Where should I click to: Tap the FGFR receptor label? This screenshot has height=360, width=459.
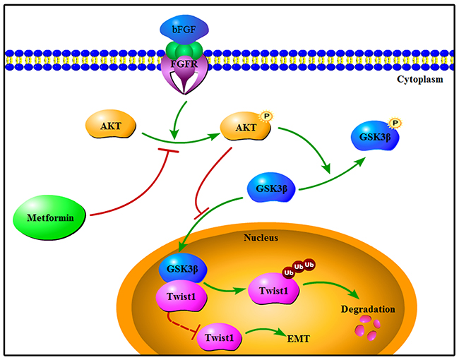tap(184, 64)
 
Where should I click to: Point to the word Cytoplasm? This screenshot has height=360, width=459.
tap(419, 79)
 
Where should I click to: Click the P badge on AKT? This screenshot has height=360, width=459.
tap(266, 116)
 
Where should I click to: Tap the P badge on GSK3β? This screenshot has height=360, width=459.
tap(395, 123)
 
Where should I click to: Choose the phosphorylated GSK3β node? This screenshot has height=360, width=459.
tap(375, 136)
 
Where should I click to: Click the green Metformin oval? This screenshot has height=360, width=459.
tap(49, 217)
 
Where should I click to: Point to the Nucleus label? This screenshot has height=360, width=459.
tap(261, 237)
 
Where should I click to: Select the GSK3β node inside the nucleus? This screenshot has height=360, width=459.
tap(183, 268)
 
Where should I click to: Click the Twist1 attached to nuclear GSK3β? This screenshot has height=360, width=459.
tap(182, 296)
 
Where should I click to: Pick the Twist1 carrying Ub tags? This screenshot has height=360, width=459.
tap(274, 289)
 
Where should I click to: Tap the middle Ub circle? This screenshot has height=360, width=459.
tap(299, 267)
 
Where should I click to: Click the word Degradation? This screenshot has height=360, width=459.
tap(368, 309)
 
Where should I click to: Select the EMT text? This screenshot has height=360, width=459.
tap(298, 339)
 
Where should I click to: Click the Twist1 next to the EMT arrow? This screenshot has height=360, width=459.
tap(220, 337)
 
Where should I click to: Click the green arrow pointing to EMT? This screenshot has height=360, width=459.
tap(265, 330)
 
